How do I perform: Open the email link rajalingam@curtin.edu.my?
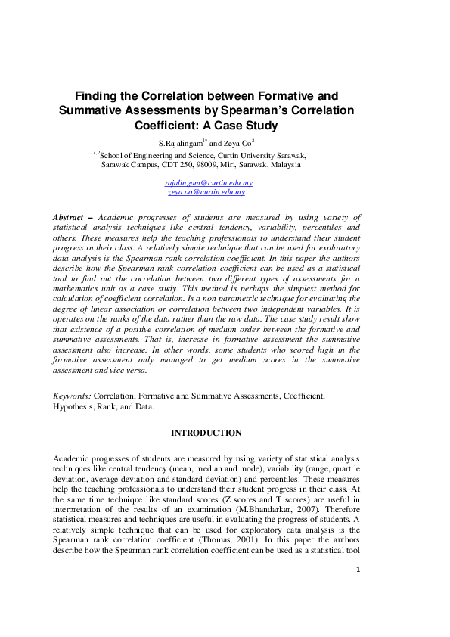[209, 184]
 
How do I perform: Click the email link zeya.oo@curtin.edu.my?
[206, 193]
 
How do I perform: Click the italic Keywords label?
[72, 396]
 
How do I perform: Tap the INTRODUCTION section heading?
[206, 433]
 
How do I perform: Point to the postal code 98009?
[199, 164]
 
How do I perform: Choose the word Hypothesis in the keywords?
[73, 406]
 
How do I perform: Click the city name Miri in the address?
[226, 164]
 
